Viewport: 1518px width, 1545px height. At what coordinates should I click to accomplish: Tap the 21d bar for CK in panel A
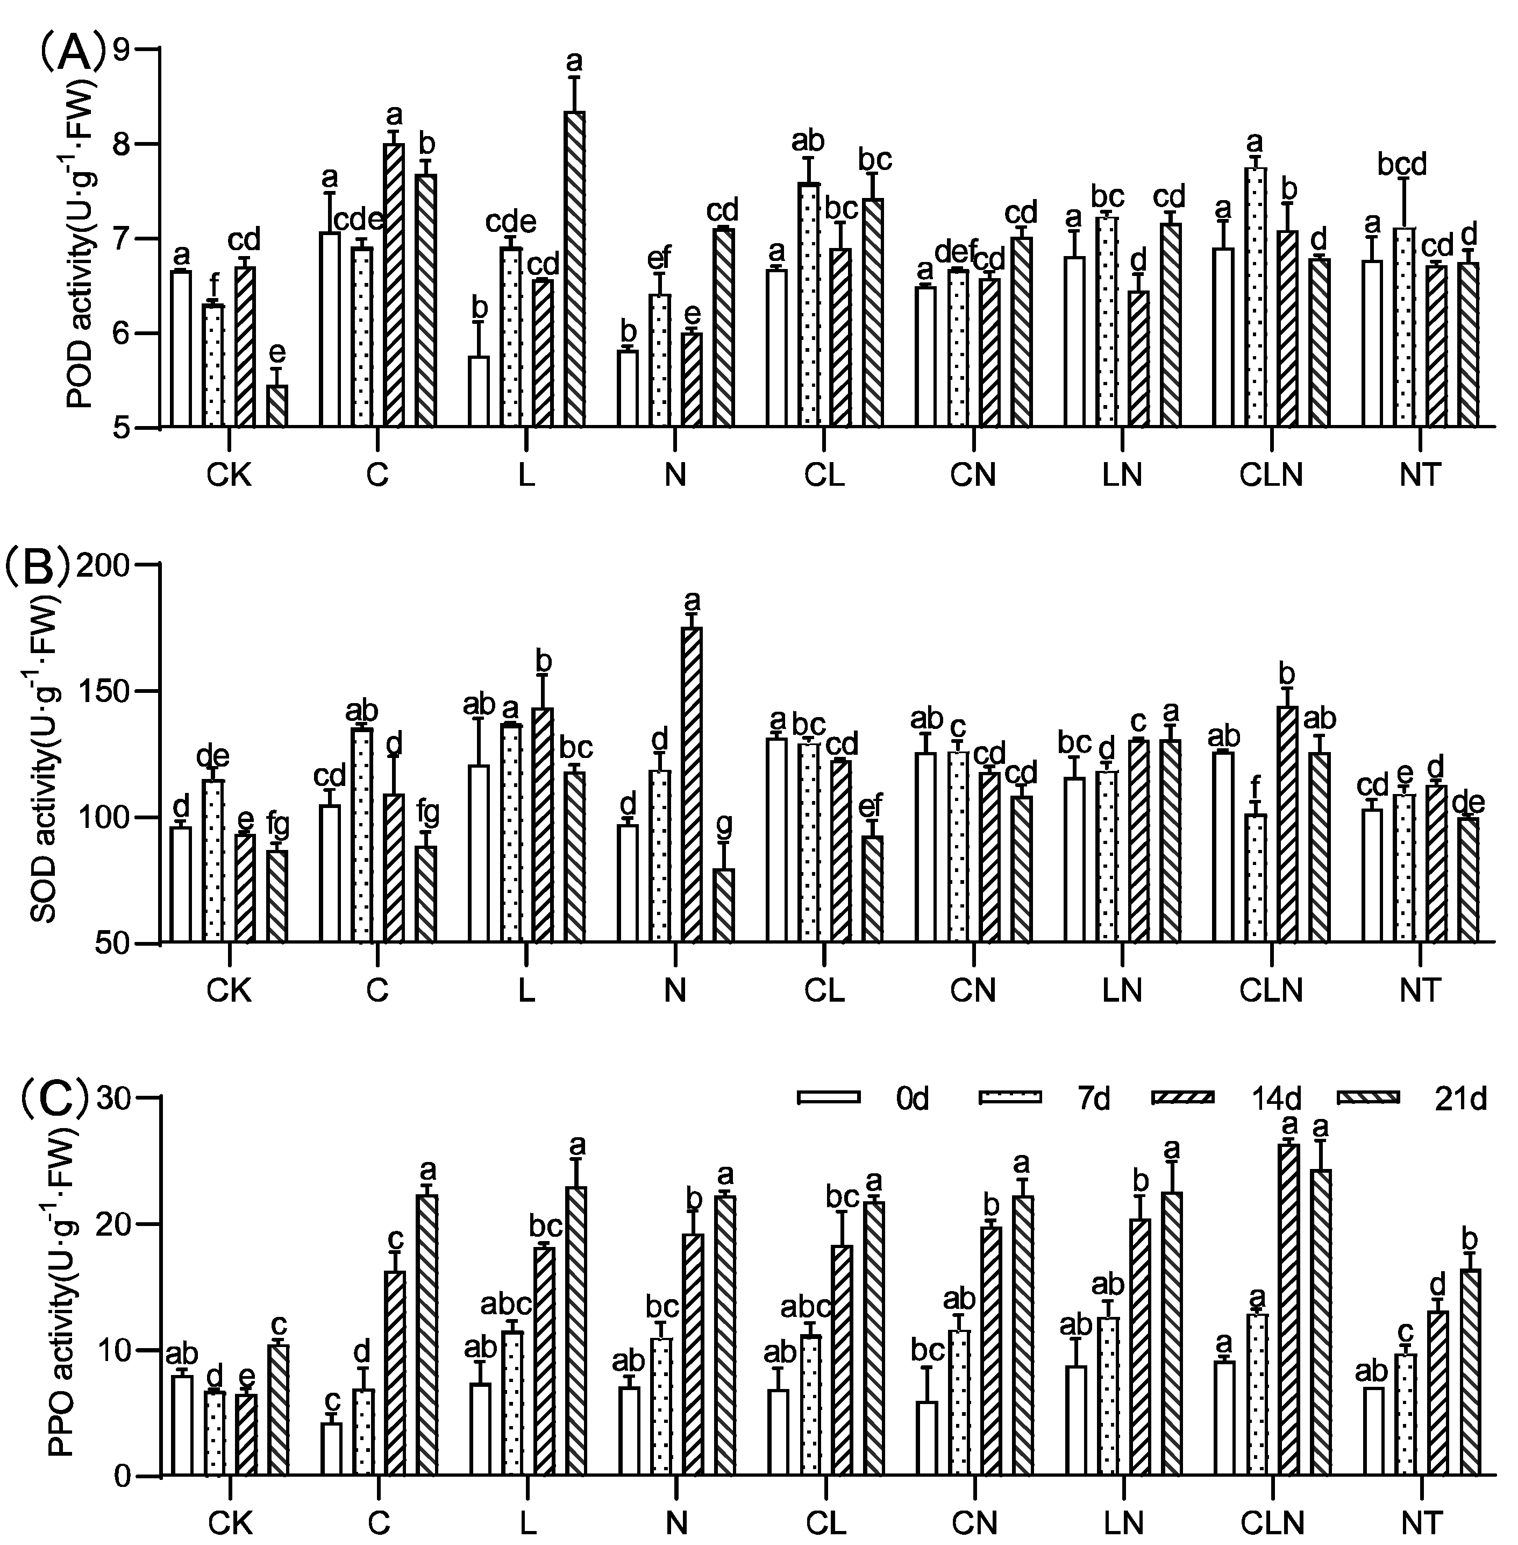276,407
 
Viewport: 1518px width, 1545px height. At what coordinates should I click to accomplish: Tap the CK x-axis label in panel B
229,991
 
